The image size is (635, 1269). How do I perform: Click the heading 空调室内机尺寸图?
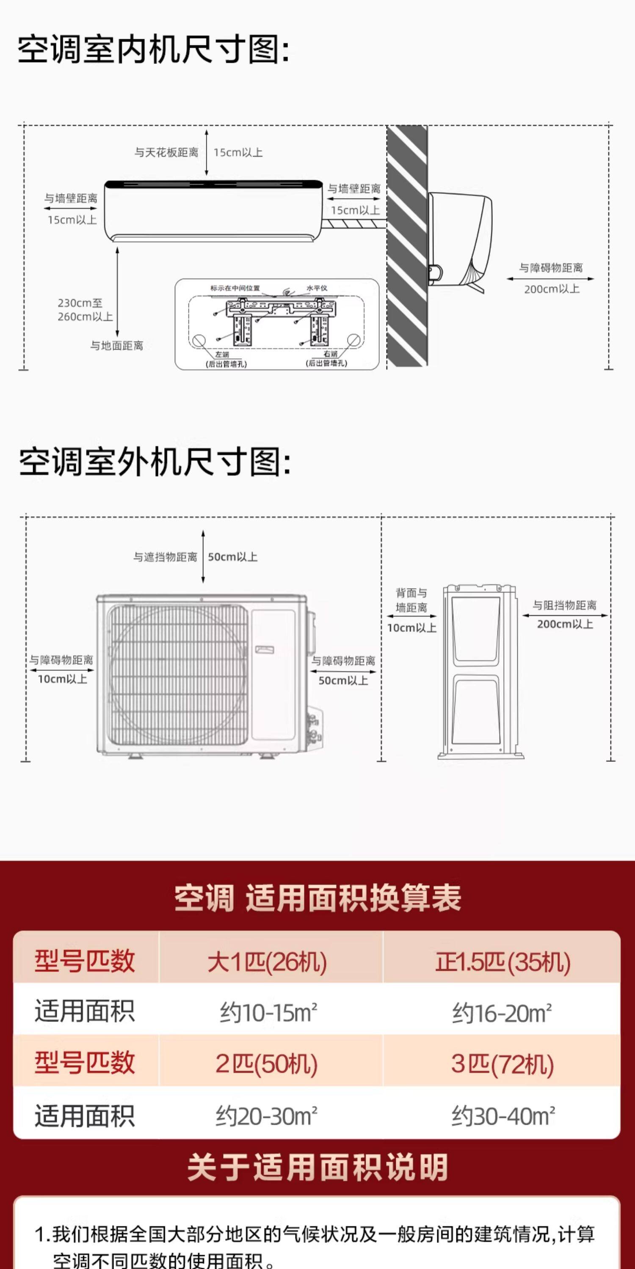point(153,50)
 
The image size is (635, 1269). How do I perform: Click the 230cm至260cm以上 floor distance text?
point(85,310)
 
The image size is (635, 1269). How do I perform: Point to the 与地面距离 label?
point(116,346)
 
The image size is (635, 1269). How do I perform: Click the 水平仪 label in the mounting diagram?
point(317,288)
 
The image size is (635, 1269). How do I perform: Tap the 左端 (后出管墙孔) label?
point(226,359)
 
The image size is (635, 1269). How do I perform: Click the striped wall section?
point(407,246)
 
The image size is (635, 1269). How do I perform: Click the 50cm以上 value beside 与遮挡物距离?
point(233,557)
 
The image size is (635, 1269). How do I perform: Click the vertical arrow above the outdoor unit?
point(203,557)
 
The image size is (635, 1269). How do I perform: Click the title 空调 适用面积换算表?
point(317,898)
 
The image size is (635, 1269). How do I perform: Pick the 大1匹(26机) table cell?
point(267,961)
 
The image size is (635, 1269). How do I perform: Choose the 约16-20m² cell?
point(502,1014)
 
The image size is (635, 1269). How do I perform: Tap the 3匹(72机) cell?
point(502,1064)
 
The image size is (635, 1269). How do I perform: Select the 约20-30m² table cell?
point(267,1116)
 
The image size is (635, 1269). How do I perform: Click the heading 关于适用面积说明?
point(317,1167)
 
